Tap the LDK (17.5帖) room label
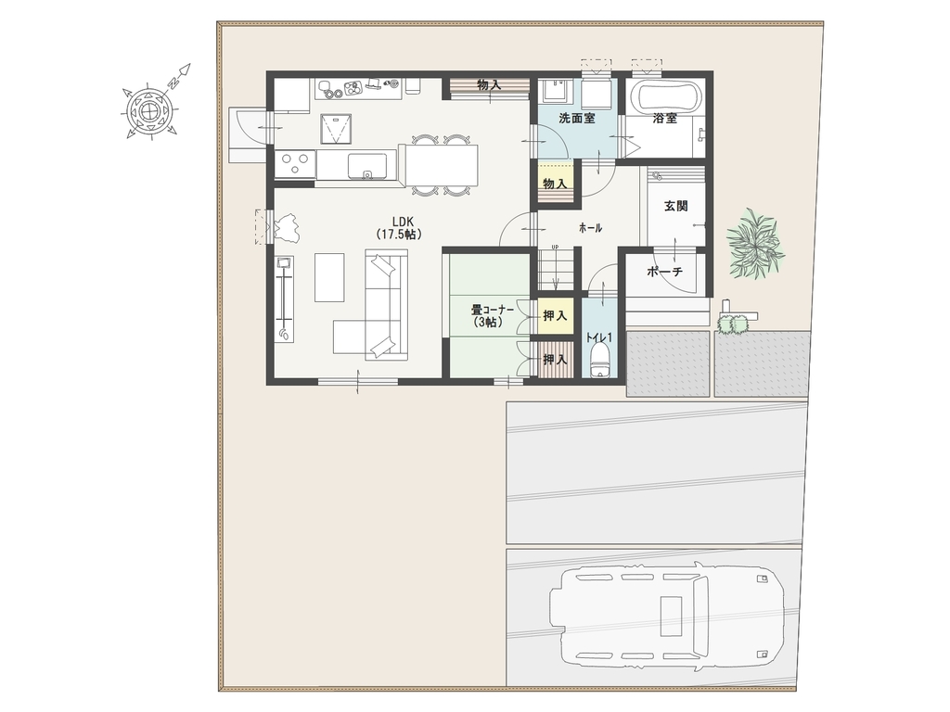[x=399, y=228]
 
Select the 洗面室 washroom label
[x=577, y=118]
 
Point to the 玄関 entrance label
[x=676, y=206]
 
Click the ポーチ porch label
[x=664, y=272]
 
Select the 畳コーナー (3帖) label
[x=493, y=316]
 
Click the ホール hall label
[x=591, y=228]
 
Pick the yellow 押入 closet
[x=556, y=315]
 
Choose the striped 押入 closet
[x=556, y=360]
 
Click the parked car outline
[x=666, y=613]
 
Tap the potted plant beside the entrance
[x=755, y=242]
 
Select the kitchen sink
[x=367, y=166]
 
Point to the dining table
[x=443, y=165]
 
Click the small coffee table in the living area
[x=329, y=276]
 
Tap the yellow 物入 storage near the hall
[x=556, y=183]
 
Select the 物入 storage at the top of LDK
[x=489, y=85]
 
